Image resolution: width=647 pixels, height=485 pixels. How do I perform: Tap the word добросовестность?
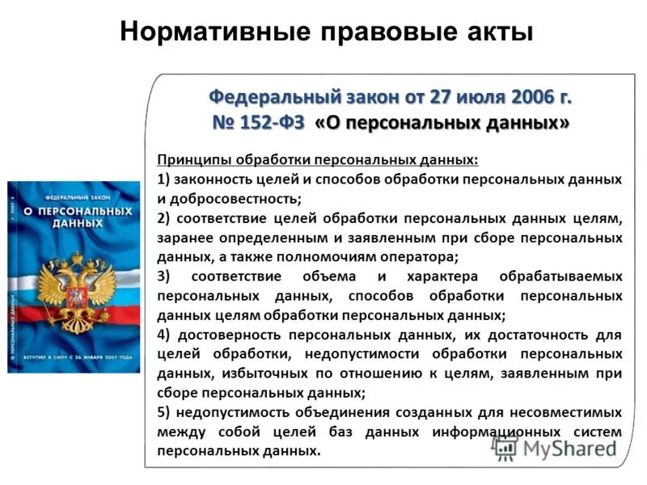click(x=234, y=198)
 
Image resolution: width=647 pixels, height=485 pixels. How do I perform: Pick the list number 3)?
click(x=164, y=276)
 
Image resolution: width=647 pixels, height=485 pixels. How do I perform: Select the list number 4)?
click(x=164, y=334)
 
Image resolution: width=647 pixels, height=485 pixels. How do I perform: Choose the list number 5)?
click(x=164, y=411)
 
